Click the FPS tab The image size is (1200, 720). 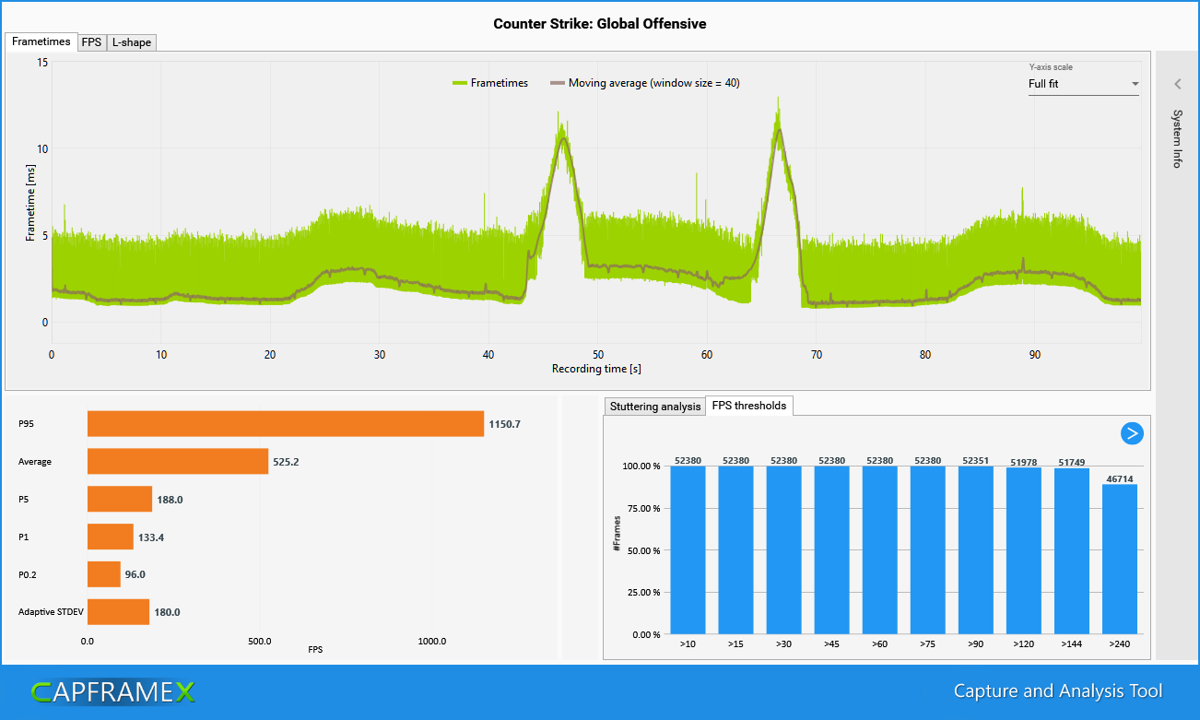(91, 42)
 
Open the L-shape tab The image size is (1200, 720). (131, 42)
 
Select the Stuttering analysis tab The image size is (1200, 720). (654, 407)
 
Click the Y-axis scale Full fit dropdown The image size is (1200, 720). (1083, 84)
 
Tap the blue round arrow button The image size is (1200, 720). (1132, 433)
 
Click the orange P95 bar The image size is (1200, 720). (285, 424)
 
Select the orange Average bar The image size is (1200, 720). (177, 461)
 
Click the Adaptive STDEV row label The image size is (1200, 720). (47, 612)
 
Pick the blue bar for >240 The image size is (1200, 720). (1119, 559)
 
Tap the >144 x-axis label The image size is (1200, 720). (1071, 643)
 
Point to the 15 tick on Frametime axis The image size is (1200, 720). (42, 62)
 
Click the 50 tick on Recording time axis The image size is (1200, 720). (597, 355)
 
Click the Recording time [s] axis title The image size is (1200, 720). (596, 369)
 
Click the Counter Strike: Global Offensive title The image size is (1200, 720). (600, 24)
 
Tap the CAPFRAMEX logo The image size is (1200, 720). (112, 692)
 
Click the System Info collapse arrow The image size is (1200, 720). (1177, 85)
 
